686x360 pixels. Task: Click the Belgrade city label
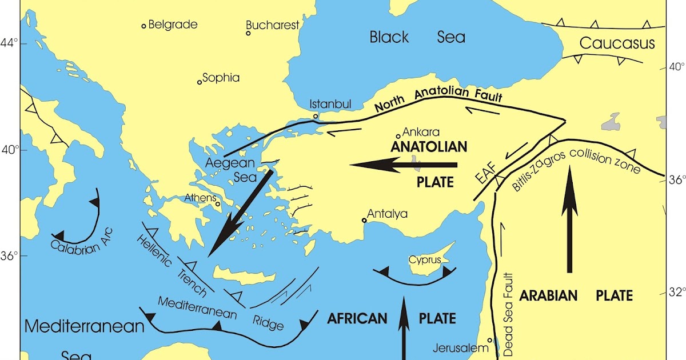[173, 25]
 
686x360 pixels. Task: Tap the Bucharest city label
[273, 25]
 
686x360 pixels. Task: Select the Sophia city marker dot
[200, 82]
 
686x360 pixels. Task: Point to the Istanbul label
[330, 104]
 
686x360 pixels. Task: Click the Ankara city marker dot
[398, 136]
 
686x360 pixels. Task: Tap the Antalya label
[387, 214]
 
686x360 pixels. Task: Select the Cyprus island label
[425, 260]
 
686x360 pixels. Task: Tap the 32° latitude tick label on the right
[677, 292]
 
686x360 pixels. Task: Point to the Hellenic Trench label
[171, 265]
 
